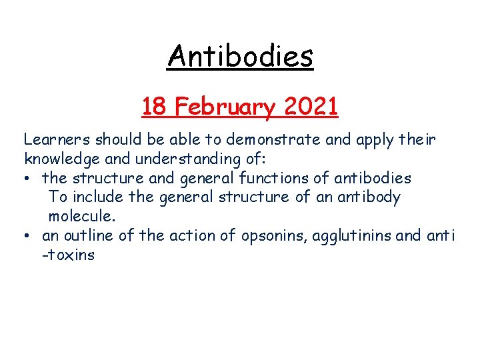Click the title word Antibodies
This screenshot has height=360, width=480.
coord(240,56)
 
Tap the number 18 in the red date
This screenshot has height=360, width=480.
coord(153,106)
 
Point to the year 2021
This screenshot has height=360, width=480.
coord(311,106)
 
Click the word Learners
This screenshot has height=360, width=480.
coord(57,140)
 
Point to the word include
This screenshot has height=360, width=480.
coord(98,197)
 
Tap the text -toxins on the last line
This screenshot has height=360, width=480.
coord(69,255)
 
